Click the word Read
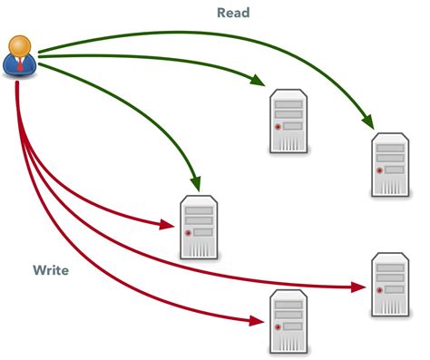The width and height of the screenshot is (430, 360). point(233,13)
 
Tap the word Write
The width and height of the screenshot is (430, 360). point(51,270)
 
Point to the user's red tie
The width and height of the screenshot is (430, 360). point(21,65)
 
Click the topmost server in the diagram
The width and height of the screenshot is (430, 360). point(288,121)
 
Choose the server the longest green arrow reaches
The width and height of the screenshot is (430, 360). point(391,164)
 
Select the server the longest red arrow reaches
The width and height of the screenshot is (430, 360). point(391,285)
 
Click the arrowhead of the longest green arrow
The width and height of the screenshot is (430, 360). point(369,122)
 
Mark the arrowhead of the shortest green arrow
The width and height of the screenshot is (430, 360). point(194,183)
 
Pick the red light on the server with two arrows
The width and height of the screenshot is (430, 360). point(188,233)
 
